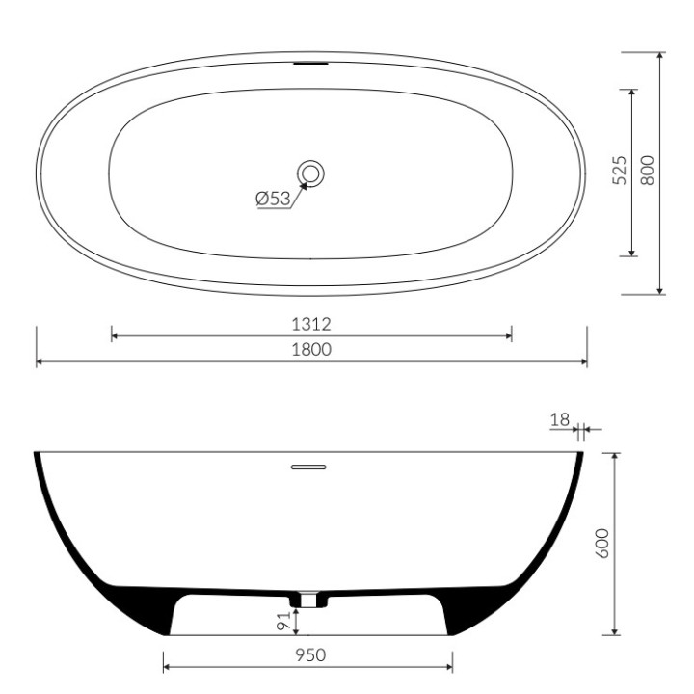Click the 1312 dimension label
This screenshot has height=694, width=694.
(x=310, y=325)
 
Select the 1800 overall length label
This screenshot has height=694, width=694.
(x=311, y=350)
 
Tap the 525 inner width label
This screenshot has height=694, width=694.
(x=620, y=170)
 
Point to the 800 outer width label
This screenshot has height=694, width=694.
(x=647, y=170)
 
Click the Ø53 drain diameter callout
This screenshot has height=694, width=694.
(x=273, y=199)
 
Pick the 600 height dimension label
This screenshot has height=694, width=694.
(x=602, y=544)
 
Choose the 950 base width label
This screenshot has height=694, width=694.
(x=310, y=655)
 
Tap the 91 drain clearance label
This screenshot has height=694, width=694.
(x=283, y=620)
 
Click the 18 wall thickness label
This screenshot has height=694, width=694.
(x=560, y=419)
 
